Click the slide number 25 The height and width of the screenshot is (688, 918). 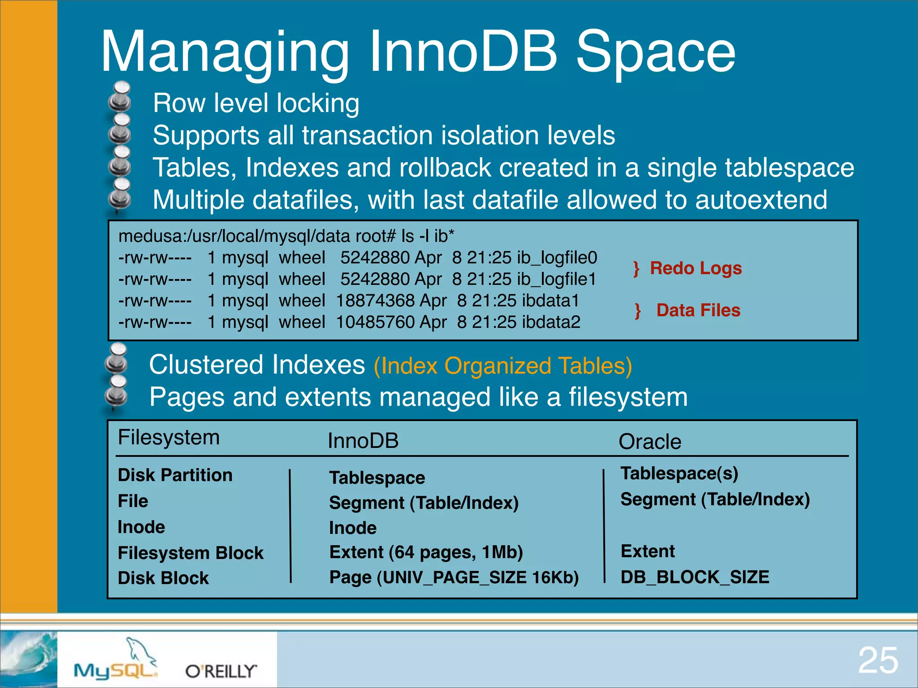878,660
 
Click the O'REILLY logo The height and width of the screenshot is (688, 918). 221,671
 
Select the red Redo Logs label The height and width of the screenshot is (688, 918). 696,268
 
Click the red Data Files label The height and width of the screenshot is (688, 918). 698,310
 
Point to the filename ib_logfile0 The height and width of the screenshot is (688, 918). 557,258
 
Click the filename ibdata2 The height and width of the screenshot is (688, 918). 551,322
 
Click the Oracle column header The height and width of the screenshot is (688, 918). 650,442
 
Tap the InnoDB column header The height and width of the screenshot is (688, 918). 363,441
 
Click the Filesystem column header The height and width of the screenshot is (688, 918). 169,437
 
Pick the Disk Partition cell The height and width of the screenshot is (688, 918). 175,475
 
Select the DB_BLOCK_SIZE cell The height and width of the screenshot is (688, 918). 694,577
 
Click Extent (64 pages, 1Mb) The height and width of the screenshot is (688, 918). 426,552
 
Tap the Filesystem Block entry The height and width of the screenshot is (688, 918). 191,553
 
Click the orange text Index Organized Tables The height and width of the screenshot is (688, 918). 502,365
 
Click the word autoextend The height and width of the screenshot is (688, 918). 761,200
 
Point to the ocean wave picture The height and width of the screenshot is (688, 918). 28,658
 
